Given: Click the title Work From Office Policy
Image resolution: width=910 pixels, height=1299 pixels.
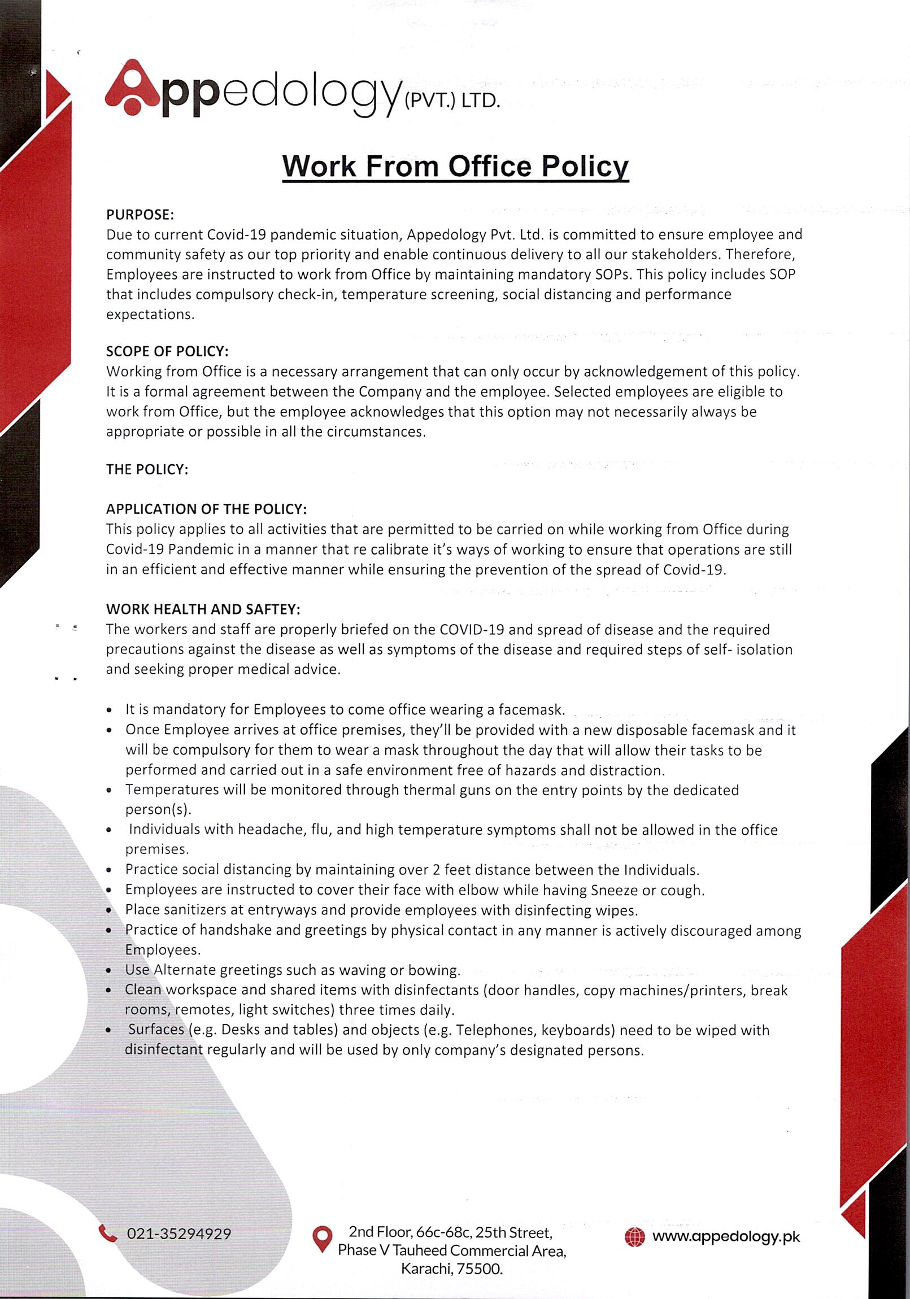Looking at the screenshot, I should [x=455, y=167].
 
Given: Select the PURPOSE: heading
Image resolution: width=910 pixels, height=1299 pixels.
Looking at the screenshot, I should [x=140, y=215].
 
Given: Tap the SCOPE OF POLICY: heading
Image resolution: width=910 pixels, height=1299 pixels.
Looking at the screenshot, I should [x=167, y=351].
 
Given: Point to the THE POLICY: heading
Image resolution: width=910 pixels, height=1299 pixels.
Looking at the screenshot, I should [x=146, y=469].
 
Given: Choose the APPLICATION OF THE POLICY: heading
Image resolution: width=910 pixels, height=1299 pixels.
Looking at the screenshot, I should [x=206, y=509].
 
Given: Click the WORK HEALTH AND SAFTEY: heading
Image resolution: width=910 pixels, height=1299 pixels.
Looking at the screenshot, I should [x=203, y=609].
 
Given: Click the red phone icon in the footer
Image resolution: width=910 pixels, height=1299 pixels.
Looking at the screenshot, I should [x=107, y=1233].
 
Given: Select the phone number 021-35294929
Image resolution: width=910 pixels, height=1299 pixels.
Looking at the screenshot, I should [x=179, y=1234].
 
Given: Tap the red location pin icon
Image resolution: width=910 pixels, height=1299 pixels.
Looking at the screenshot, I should [x=322, y=1238].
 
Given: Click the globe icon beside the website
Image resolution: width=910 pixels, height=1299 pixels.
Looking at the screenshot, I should [x=634, y=1237].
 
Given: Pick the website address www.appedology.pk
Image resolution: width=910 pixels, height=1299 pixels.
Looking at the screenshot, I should [x=726, y=1237].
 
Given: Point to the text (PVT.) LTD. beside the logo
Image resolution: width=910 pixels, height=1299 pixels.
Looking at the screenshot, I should [x=452, y=101].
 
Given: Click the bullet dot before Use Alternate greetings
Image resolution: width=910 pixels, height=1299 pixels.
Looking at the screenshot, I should [x=108, y=971].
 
